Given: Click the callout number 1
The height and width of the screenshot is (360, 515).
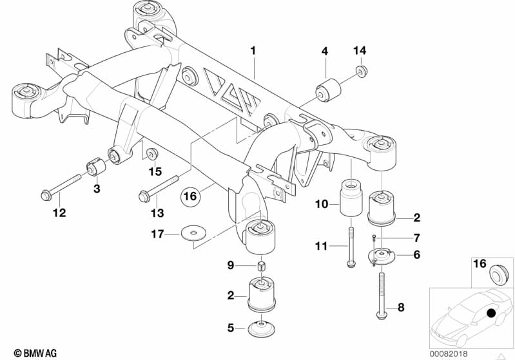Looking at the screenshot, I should click(x=253, y=50).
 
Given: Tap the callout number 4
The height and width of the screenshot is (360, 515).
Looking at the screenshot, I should click(x=325, y=50).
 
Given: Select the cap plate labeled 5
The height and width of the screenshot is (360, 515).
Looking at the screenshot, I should click(x=262, y=328).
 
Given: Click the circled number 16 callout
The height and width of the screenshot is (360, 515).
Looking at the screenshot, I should click(x=189, y=194).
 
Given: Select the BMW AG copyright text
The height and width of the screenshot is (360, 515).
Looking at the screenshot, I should click(x=31, y=352).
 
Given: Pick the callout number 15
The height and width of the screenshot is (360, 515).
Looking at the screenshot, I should click(x=155, y=171).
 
